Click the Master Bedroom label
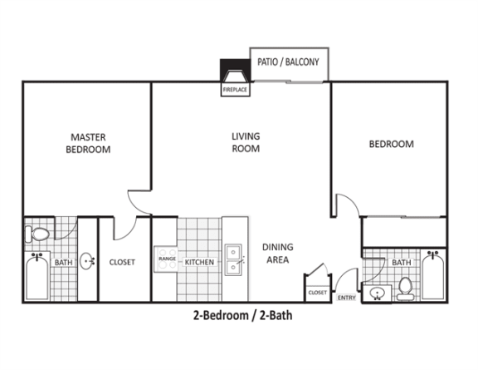(x=88, y=143)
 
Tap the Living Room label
(x=246, y=142)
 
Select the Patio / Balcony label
(x=288, y=62)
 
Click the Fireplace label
(x=235, y=90)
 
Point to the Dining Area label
(x=278, y=254)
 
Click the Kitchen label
(x=199, y=262)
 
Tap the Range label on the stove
(x=167, y=259)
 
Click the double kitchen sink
(x=233, y=259)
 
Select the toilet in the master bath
(x=37, y=234)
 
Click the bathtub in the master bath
(x=37, y=276)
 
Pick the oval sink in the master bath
(x=87, y=261)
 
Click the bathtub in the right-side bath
(x=433, y=275)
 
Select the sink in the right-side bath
(x=377, y=294)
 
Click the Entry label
(x=347, y=298)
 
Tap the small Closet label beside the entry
(x=317, y=293)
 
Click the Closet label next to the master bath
(x=122, y=262)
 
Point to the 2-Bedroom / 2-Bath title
(x=242, y=315)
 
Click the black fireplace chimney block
(x=235, y=71)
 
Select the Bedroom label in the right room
(x=392, y=144)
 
